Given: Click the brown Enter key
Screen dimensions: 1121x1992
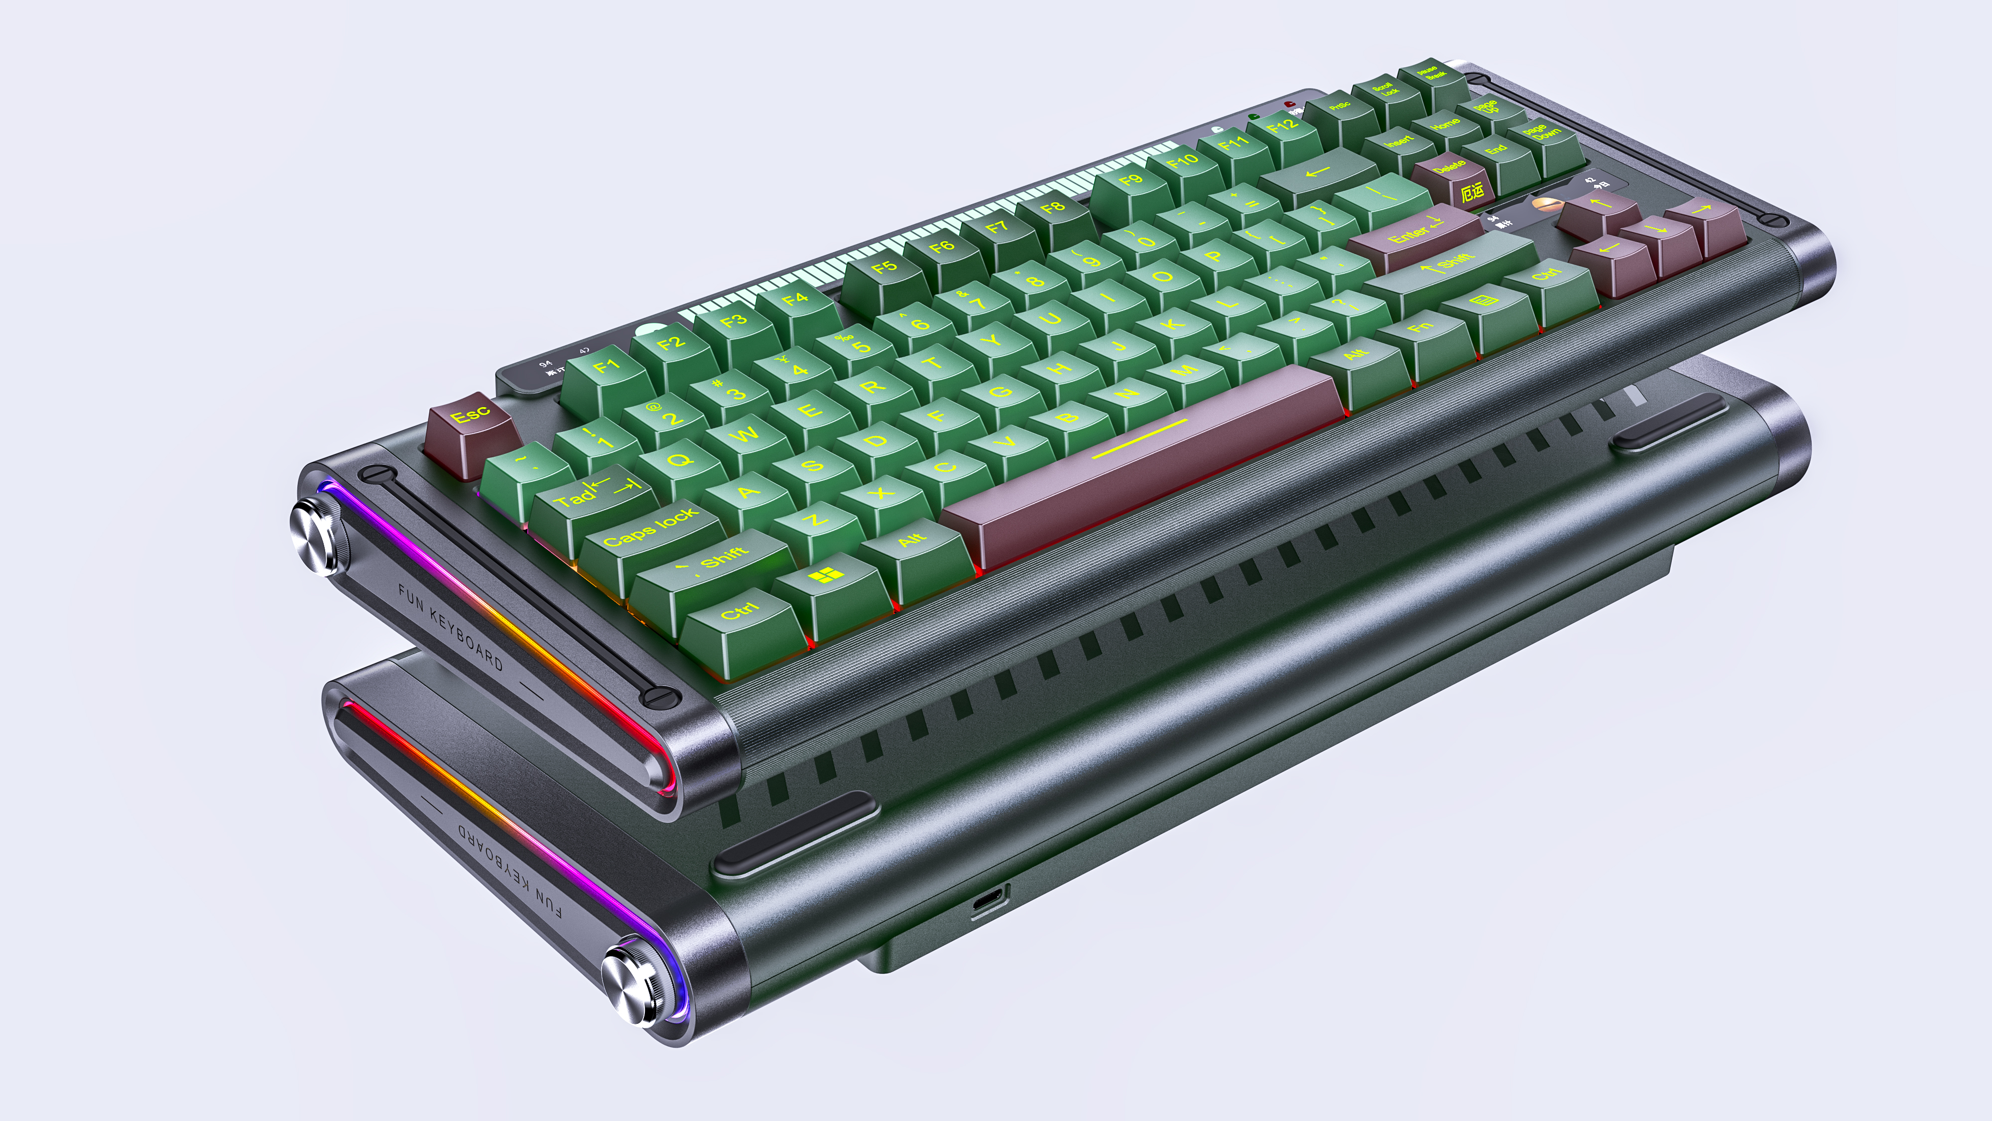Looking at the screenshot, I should (x=1414, y=233).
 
